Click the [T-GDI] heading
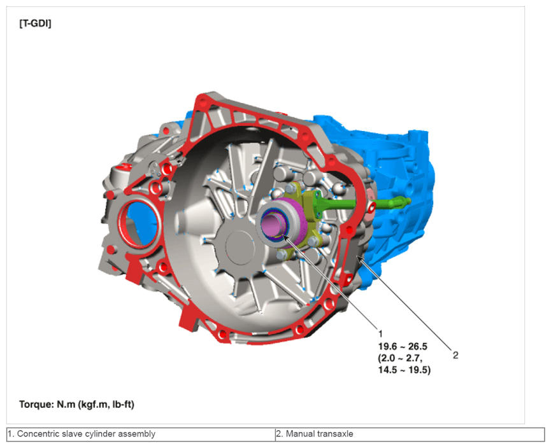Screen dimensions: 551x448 pos(35,24)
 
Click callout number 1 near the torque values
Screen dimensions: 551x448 pos(380,333)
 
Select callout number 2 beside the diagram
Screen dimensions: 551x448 pos(455,355)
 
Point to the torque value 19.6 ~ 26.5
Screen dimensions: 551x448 pos(403,347)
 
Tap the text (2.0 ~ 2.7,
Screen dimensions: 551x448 pos(400,358)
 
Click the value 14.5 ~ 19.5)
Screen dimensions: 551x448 pos(404,370)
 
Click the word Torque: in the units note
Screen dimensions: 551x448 pos(36,405)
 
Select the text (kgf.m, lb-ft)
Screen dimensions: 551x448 pos(106,405)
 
